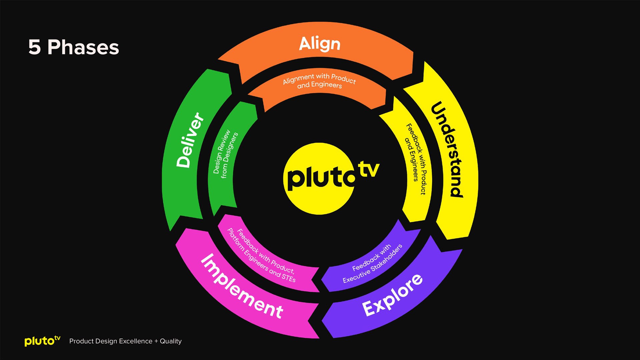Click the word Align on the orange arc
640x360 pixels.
click(x=319, y=44)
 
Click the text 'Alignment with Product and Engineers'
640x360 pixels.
click(x=319, y=81)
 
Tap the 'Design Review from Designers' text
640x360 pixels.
click(x=226, y=154)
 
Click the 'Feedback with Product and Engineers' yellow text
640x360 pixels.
click(x=416, y=158)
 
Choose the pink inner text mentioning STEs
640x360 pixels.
click(x=261, y=255)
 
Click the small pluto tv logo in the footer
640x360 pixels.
click(x=42, y=341)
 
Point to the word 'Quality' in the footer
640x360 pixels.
click(x=171, y=341)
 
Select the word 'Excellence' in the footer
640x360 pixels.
click(x=136, y=341)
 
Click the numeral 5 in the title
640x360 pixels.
click(x=35, y=47)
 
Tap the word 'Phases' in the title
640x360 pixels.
click(x=83, y=47)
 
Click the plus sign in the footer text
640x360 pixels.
click(x=156, y=341)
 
